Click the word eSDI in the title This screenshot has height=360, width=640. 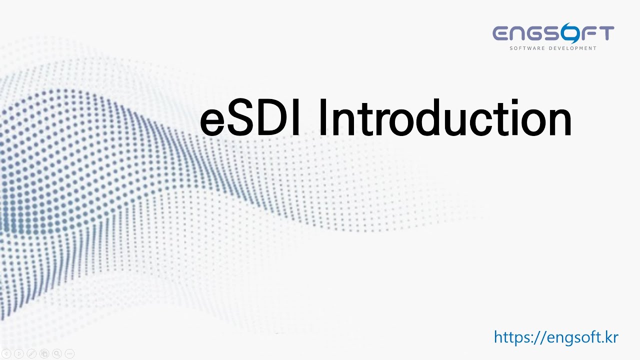(x=250, y=118)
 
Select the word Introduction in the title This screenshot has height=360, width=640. (x=445, y=118)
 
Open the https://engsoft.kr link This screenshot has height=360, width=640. (x=556, y=337)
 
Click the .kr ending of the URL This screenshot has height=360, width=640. (x=609, y=337)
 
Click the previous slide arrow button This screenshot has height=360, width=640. (x=6, y=353)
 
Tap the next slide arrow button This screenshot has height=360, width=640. (x=19, y=353)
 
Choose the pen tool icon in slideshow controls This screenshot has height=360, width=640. (x=31, y=353)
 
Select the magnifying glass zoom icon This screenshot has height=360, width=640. (x=57, y=353)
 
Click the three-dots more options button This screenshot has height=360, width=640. (x=69, y=353)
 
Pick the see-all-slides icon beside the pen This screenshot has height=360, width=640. (x=44, y=353)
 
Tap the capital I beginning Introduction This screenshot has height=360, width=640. (x=322, y=118)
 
